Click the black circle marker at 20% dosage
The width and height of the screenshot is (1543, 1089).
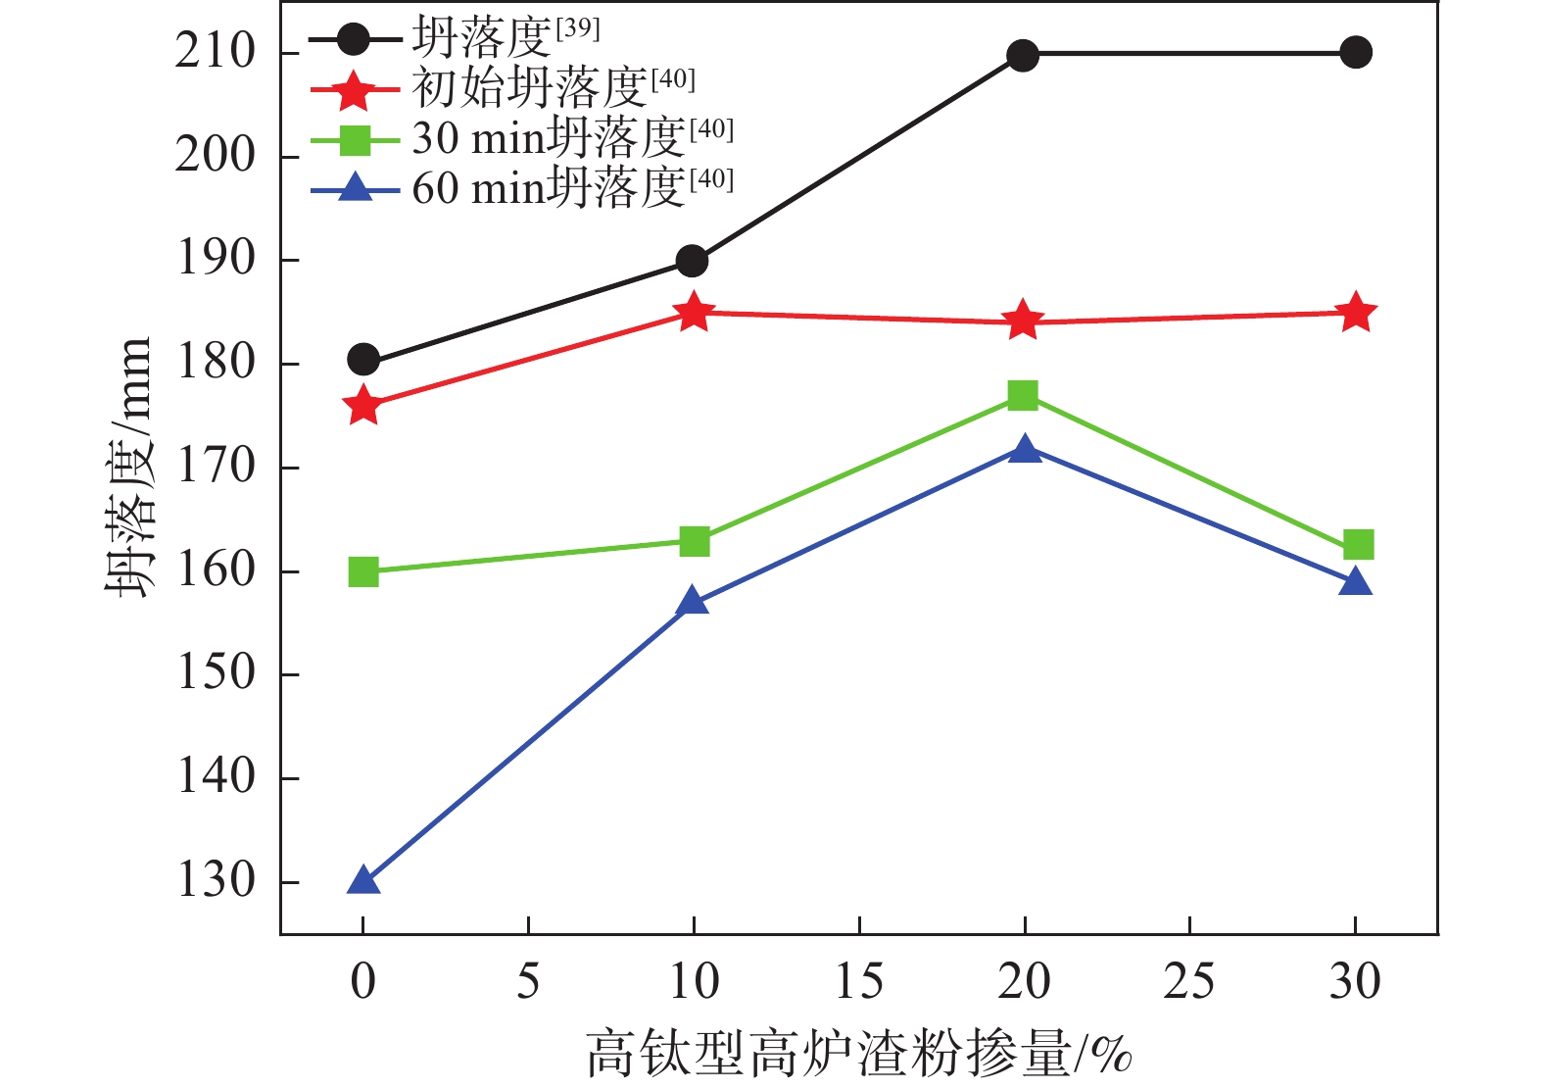[x=1023, y=56]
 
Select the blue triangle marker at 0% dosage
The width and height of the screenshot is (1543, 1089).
[x=363, y=881]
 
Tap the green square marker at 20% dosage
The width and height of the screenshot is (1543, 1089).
[x=1023, y=395]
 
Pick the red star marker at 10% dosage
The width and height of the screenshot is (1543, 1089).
[x=694, y=313]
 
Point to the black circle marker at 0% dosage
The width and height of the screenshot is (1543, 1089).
[x=363, y=360]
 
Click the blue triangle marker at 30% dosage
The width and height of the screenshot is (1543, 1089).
[x=1356, y=583]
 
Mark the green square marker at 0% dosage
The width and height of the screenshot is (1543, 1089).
[x=363, y=571]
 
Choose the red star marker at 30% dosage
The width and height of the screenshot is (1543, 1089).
[x=1356, y=313]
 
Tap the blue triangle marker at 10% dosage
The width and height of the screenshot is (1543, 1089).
[x=693, y=601]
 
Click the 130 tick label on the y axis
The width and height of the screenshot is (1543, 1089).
[x=216, y=880]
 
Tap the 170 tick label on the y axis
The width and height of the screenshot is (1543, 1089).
[x=216, y=467]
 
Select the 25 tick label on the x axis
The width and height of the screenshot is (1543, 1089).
[x=1188, y=981]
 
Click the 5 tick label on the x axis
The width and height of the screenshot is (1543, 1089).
[x=528, y=981]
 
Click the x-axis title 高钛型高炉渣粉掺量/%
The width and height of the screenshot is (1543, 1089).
[x=859, y=1055]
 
